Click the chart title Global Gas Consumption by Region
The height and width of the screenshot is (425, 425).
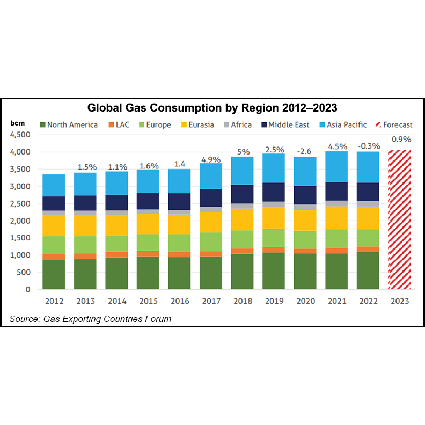click(213, 108)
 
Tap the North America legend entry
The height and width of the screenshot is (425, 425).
click(68, 125)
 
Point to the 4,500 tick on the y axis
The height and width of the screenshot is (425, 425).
click(21, 135)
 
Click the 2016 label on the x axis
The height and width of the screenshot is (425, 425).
click(180, 302)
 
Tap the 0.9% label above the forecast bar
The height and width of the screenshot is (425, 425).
click(399, 140)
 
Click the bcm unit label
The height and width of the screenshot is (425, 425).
click(17, 123)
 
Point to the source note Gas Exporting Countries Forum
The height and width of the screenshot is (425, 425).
click(90, 319)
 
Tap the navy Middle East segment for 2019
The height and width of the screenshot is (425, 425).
click(274, 192)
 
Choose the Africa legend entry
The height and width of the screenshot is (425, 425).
click(234, 125)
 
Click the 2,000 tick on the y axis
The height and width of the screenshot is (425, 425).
click(21, 221)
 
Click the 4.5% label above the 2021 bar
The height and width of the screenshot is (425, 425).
click(336, 146)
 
